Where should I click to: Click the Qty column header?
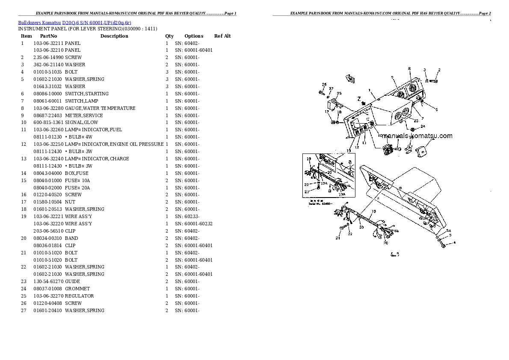pyautogui.click(x=169, y=36)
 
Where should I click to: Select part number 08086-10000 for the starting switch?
pyautogui.click(x=47, y=94)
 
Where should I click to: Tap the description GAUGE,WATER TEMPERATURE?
pyautogui.click(x=100, y=108)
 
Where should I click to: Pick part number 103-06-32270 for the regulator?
pyautogui.click(x=48, y=296)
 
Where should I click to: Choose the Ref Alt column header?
pyautogui.click(x=222, y=36)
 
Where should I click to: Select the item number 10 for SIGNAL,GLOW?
pyautogui.click(x=23, y=123)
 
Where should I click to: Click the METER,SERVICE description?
pyautogui.click(x=84, y=115)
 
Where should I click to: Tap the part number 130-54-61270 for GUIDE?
pyautogui.click(x=48, y=281)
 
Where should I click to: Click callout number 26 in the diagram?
pyautogui.click(x=324, y=84)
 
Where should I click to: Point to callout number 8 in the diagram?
pyautogui.click(x=409, y=68)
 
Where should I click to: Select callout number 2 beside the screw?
pyautogui.click(x=439, y=70)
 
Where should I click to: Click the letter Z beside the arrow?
pyautogui.click(x=358, y=98)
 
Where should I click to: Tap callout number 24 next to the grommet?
pyautogui.click(x=423, y=126)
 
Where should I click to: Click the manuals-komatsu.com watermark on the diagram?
pyautogui.click(x=417, y=136)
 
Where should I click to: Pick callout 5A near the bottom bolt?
pyautogui.click(x=449, y=231)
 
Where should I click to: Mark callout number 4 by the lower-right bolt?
pyautogui.click(x=454, y=243)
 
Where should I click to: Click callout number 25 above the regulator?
pyautogui.click(x=339, y=93)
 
